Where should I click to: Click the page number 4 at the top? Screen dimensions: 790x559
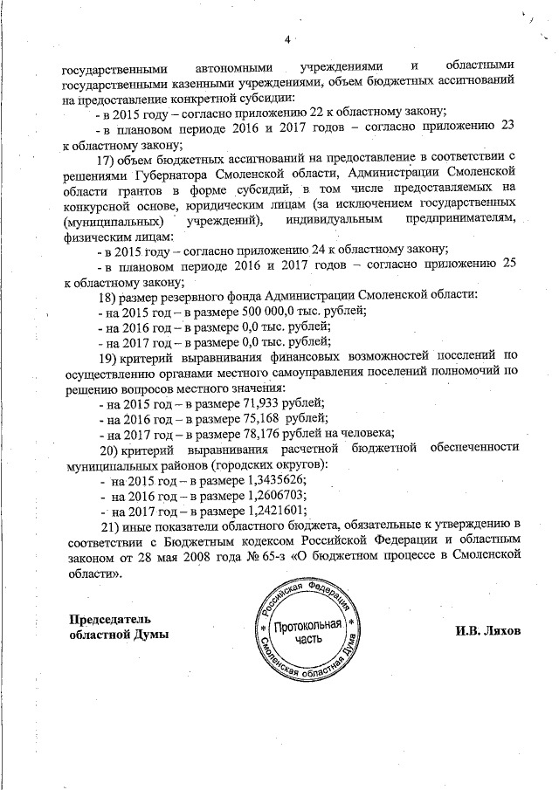[x=286, y=38]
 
